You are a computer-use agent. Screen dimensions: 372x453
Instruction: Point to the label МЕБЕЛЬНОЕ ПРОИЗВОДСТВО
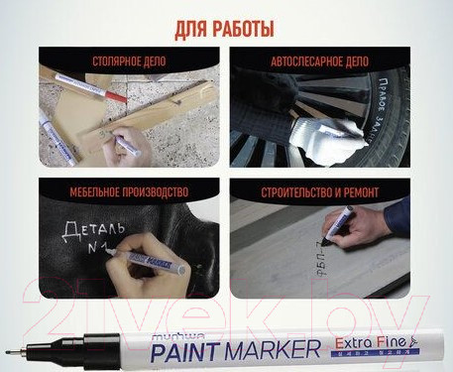tap(118, 185)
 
